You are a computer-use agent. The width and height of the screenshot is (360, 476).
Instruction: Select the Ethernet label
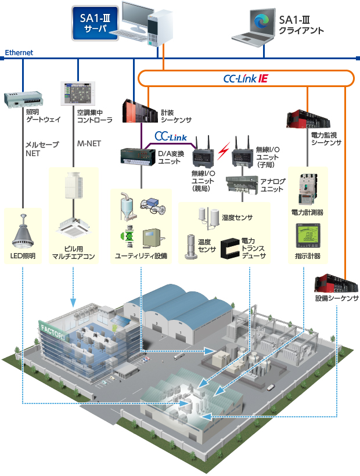click(19, 53)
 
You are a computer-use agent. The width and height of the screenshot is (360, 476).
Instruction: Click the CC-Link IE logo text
click(245, 78)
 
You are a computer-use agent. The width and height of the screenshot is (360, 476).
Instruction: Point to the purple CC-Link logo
click(170, 136)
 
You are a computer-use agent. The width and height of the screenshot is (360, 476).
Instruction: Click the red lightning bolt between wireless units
click(222, 152)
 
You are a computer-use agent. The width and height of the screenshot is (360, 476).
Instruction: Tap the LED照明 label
click(23, 255)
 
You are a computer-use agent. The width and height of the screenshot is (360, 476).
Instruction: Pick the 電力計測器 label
click(307, 212)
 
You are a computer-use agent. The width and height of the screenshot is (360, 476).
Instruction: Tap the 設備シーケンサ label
click(337, 298)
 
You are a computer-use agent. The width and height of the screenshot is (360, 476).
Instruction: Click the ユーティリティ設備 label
click(142, 256)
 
